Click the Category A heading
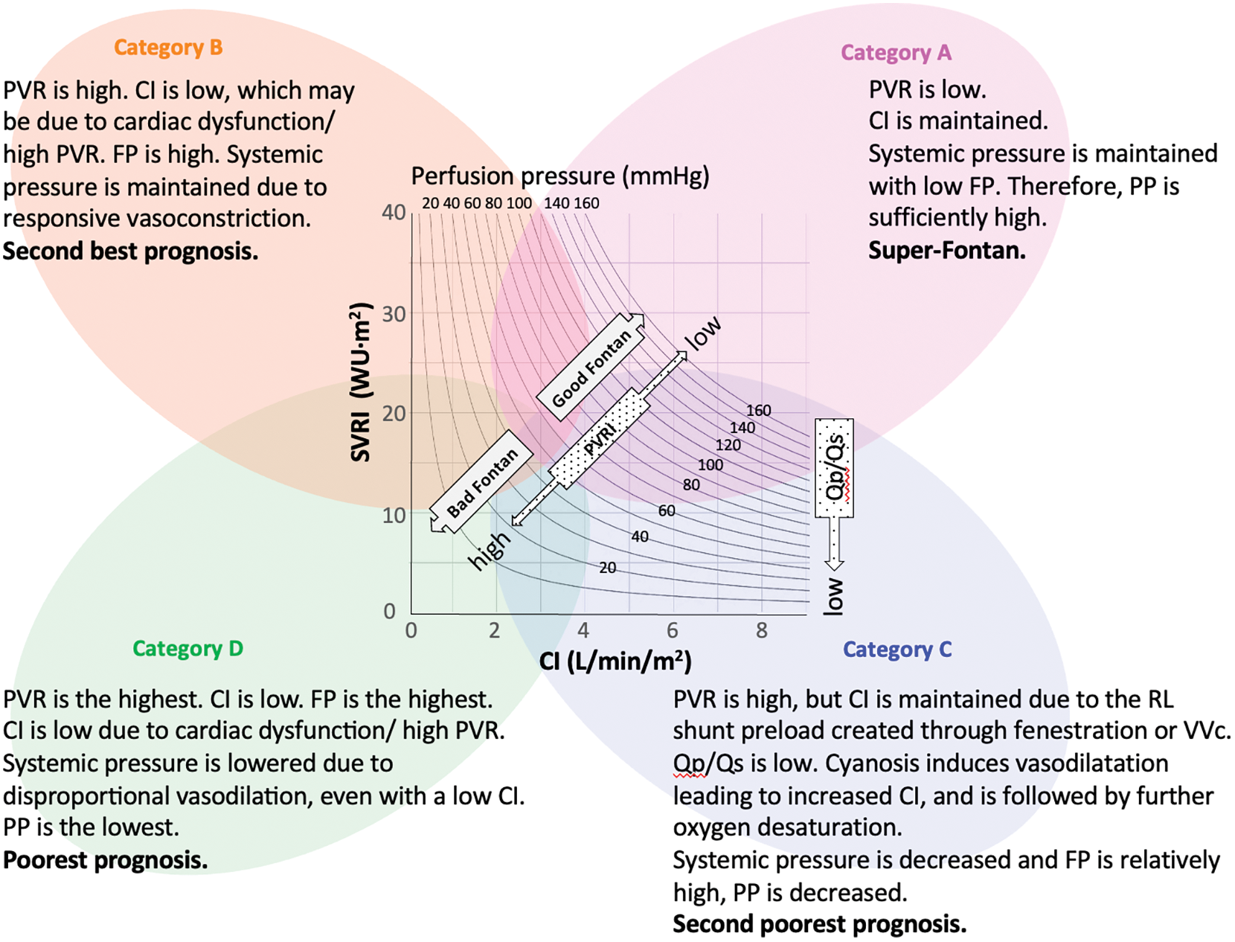pos(895,53)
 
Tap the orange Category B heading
pos(167,48)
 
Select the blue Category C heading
pos(896,650)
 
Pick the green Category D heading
pos(187,649)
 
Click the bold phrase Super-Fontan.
pos(946,251)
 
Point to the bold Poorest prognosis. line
pos(105,860)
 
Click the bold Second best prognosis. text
pos(130,251)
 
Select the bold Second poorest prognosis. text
pos(819,924)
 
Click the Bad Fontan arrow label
pos(482,482)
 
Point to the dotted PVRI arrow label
pos(600,440)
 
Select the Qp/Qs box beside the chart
pos(835,468)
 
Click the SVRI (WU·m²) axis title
pos(360,382)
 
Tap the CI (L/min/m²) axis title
pos(615,661)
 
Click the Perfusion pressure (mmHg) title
pos(559,176)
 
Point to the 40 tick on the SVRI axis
pos(394,213)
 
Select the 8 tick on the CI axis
pos(761,631)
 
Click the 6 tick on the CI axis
pos(673,631)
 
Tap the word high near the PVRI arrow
pos(490,551)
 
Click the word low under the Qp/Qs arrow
pos(833,596)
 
